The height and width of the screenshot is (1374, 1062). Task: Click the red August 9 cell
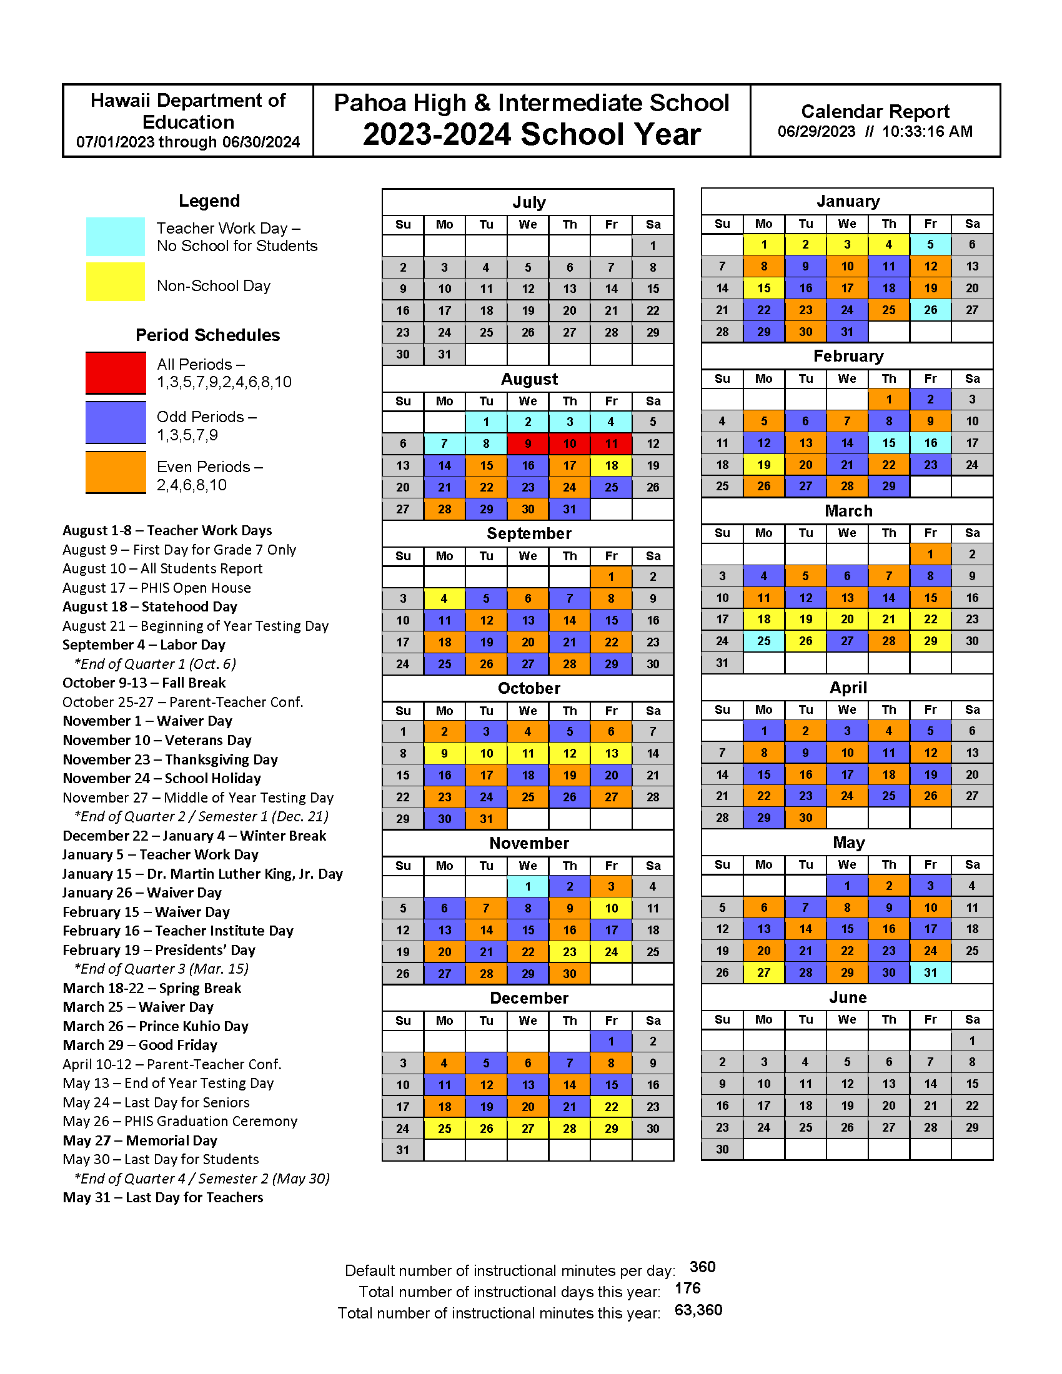click(527, 443)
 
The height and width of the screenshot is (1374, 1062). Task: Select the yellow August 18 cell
click(611, 465)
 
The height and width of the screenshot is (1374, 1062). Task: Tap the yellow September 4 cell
click(444, 598)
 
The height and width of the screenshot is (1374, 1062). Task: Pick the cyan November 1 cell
click(527, 886)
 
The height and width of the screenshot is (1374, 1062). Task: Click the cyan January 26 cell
click(930, 310)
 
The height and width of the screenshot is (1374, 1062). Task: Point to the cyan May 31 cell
click(930, 972)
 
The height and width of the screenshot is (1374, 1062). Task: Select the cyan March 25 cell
click(763, 641)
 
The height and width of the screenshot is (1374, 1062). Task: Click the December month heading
click(529, 999)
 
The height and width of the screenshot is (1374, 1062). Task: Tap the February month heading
click(848, 356)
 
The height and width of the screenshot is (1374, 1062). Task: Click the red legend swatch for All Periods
click(116, 372)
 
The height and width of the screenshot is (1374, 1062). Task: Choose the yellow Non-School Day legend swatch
click(116, 282)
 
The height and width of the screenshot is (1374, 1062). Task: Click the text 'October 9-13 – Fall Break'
click(144, 683)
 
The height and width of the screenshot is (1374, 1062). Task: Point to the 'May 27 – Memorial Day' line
click(140, 1140)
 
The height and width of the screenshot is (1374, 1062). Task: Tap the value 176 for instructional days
click(687, 1288)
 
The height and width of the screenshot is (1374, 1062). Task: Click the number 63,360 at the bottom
click(698, 1310)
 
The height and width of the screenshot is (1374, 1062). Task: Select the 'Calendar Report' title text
click(875, 111)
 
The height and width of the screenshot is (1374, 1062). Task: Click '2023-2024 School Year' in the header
click(531, 134)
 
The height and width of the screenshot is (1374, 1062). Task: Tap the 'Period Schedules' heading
click(207, 335)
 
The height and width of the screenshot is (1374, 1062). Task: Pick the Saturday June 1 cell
click(971, 1040)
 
